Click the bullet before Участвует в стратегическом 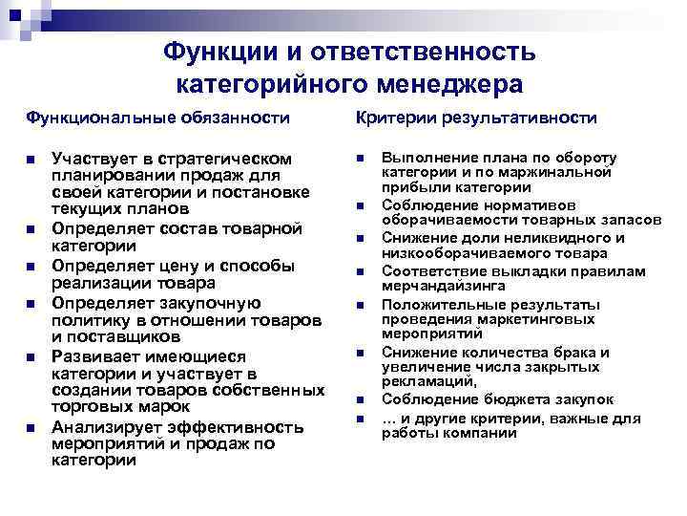click(31, 159)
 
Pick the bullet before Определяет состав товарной click(31, 229)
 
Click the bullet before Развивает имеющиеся click(31, 355)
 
